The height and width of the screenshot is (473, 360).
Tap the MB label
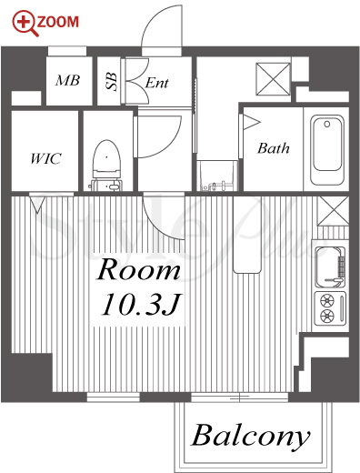[67, 80]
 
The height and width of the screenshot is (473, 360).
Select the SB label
[111, 81]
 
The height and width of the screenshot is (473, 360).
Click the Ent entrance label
[156, 83]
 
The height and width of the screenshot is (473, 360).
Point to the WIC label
[45, 158]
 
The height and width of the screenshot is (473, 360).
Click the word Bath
[274, 148]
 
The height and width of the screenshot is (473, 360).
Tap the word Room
[138, 269]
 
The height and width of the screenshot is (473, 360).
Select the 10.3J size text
[141, 304]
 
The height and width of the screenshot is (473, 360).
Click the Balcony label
[251, 436]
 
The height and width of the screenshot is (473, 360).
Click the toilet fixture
[106, 166]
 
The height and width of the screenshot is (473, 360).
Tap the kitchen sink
[330, 267]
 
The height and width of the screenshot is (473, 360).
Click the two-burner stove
[330, 308]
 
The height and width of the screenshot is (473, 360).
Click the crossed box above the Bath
[273, 79]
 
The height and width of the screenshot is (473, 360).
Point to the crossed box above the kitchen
[333, 211]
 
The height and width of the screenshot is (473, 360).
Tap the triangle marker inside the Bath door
[251, 122]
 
